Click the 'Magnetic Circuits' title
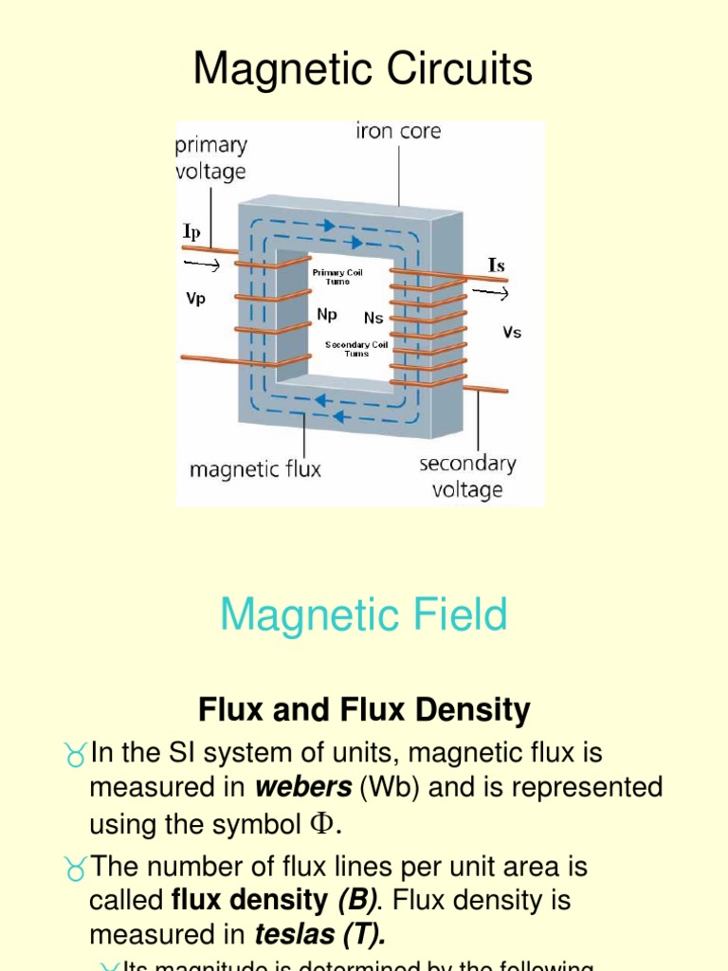[363, 70]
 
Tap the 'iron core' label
[398, 132]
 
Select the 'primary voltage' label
[210, 158]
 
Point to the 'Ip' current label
[191, 230]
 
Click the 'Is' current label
[496, 266]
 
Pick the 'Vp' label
[195, 297]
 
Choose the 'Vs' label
[512, 333]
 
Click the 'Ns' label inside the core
[373, 319]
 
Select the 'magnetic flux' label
[256, 468]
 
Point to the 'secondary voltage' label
[467, 476]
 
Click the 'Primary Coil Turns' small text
[338, 277]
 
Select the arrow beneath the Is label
[490, 293]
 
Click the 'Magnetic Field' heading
[363, 614]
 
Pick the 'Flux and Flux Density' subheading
[364, 709]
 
